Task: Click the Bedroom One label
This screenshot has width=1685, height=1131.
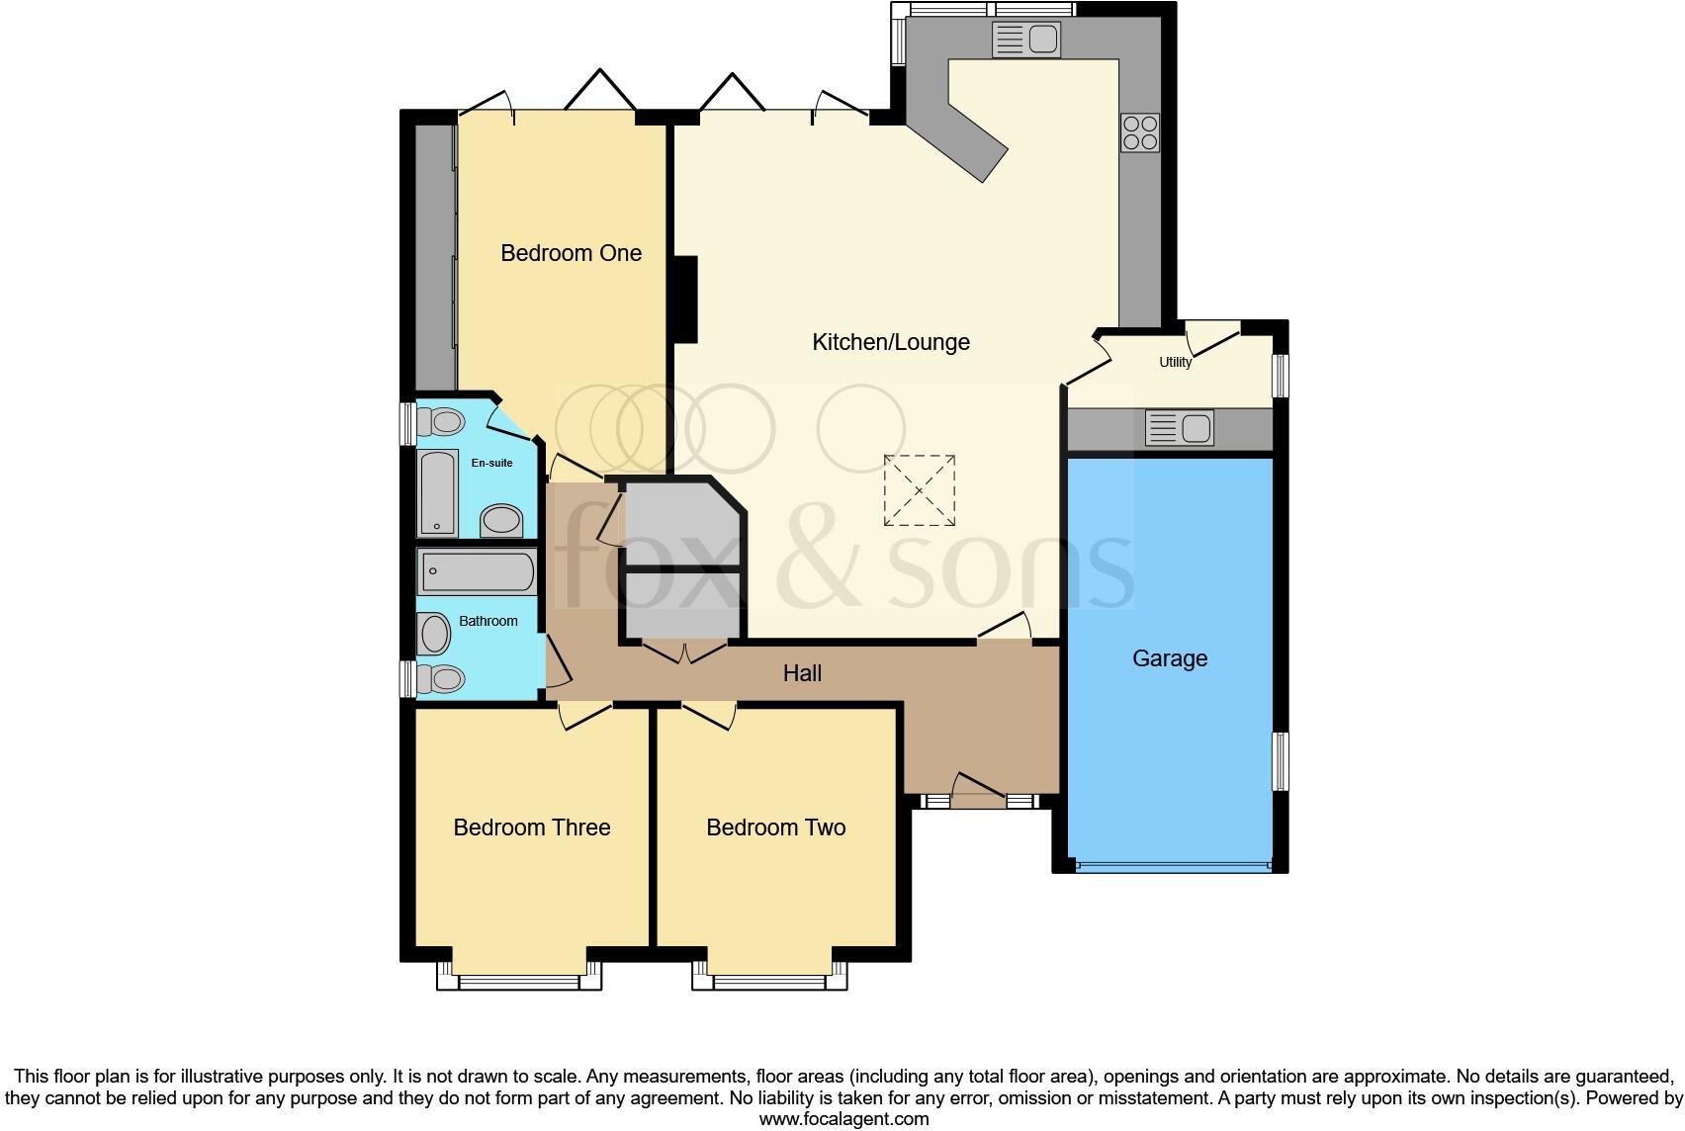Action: tap(571, 253)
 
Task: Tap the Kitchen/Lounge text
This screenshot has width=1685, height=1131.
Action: tap(890, 342)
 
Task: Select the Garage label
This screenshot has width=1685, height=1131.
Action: tap(1170, 658)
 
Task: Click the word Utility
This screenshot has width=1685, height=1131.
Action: tap(1175, 363)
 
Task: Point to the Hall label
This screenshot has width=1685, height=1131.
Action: tap(802, 673)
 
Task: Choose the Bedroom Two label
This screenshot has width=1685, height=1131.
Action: tap(775, 827)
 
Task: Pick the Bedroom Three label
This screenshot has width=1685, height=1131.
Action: tap(531, 827)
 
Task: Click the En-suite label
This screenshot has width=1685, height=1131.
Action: tap(491, 463)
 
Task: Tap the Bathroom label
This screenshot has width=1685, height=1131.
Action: tap(488, 621)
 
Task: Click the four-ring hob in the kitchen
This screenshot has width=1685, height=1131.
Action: tap(1139, 132)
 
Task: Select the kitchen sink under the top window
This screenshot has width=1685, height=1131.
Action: tap(1026, 41)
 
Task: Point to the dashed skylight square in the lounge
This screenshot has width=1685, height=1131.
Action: tap(920, 490)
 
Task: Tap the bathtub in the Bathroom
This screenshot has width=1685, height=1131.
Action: tap(477, 571)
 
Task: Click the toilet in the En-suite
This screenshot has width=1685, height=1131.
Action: tap(439, 423)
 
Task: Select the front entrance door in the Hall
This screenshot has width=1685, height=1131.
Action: tap(978, 792)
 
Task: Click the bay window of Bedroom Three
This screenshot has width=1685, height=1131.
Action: tap(519, 981)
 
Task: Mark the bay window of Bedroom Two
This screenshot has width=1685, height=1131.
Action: tap(769, 981)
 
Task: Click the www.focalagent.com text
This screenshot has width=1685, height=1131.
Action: tap(843, 1119)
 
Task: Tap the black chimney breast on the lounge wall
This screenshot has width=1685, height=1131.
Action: tap(685, 299)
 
